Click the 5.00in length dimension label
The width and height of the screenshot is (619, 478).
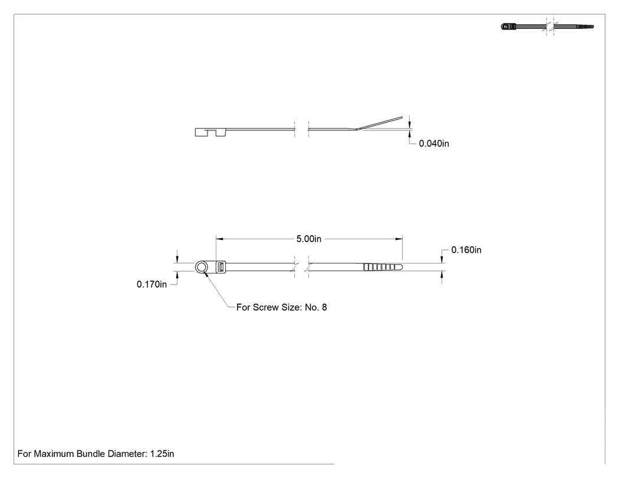309,239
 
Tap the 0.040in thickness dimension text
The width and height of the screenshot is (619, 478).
434,144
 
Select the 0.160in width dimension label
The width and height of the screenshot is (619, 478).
466,250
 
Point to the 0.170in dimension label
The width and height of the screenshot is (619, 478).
152,284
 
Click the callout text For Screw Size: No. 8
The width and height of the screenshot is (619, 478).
281,307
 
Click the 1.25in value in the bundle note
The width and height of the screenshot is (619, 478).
162,453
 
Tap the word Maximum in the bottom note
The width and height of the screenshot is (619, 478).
54,453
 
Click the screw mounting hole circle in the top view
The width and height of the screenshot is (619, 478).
202,267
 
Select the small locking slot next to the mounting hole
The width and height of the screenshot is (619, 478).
220,267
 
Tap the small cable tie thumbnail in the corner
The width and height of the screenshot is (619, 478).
547,27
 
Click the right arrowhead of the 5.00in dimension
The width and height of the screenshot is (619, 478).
399,239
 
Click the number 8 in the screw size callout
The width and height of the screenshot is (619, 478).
324,307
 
